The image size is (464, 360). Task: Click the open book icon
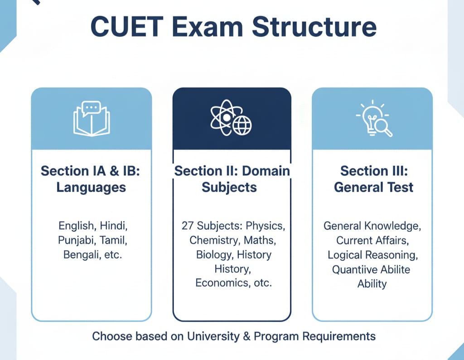click(92, 118)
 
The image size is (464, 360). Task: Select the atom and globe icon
click(232, 119)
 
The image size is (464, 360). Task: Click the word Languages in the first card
click(91, 187)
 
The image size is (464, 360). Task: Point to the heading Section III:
click(373, 171)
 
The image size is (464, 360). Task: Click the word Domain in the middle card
click(266, 171)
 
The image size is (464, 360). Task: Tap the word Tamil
click(111, 240)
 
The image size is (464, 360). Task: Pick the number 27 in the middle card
click(188, 225)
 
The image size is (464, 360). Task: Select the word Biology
click(213, 254)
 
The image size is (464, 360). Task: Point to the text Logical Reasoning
click(372, 254)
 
